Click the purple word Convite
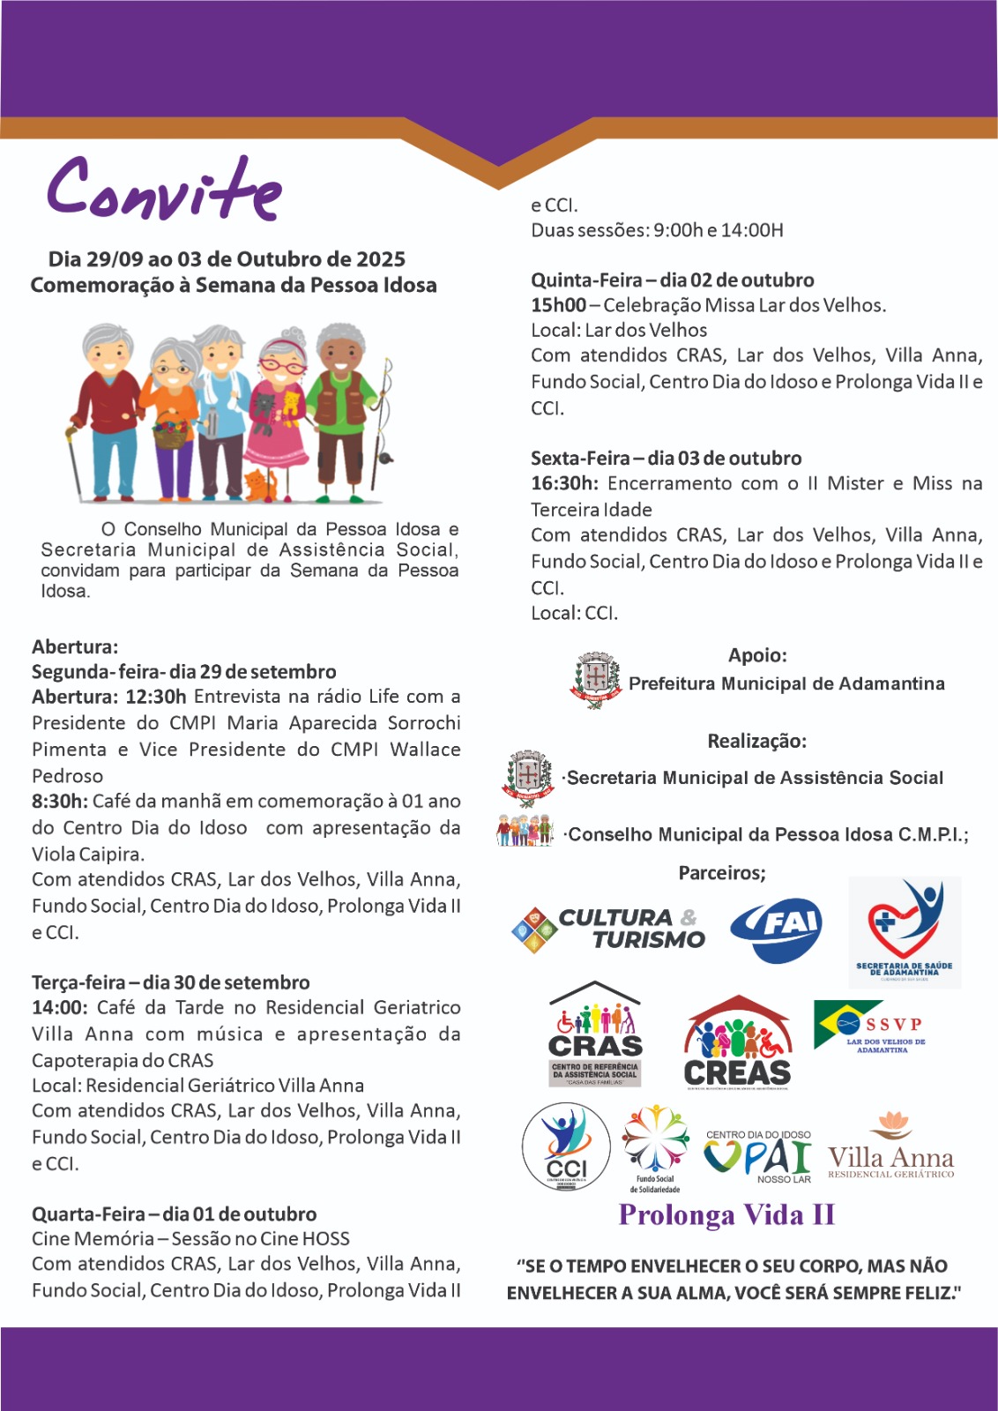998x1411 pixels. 165,190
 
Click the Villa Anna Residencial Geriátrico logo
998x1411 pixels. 890,1146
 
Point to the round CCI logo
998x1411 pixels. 566,1146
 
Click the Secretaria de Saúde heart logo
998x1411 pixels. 905,930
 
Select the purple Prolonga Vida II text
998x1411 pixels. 726,1215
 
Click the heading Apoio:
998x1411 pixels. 757,655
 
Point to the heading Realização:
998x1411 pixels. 756,741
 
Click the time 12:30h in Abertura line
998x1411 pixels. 156,697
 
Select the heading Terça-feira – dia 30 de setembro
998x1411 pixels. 171,982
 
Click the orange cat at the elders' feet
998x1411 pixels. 259,486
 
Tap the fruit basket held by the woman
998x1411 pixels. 173,431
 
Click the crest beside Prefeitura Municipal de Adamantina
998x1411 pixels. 596,681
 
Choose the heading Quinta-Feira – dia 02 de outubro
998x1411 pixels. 673,280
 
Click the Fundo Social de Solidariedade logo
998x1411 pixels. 655,1146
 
